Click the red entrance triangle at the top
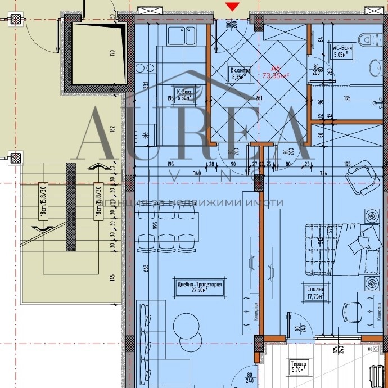[x=232, y=6]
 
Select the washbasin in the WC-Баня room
[x=376, y=69]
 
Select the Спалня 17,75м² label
[x=315, y=287]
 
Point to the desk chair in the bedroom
[x=353, y=312]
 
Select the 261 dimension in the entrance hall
[x=259, y=99]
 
